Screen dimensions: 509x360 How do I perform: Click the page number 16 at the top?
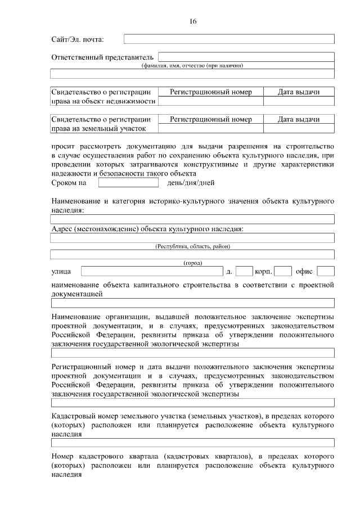tap(193, 21)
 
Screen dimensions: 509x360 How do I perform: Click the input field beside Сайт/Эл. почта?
tap(229, 39)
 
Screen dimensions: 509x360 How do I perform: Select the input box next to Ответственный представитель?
tap(246, 57)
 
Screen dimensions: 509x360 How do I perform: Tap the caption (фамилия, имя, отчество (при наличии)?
tap(192, 66)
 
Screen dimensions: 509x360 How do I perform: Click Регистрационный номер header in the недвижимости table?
tap(211, 92)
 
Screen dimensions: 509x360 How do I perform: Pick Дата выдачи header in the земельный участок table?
tap(299, 119)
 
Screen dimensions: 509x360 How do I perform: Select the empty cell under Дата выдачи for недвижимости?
tap(299, 101)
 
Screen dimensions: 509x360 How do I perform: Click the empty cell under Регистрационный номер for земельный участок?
tap(211, 129)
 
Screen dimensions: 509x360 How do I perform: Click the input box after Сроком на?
tap(128, 183)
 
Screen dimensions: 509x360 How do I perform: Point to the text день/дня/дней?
tap(191, 183)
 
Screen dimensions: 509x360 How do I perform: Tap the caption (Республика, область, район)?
tap(192, 246)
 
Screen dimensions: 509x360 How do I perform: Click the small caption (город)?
tap(192, 263)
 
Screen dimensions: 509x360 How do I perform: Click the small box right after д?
tap(244, 272)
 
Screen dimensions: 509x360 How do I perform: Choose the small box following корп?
tap(283, 272)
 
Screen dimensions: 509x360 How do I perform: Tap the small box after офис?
tap(326, 272)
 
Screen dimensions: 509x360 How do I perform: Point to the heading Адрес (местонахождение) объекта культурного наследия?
tap(147, 229)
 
